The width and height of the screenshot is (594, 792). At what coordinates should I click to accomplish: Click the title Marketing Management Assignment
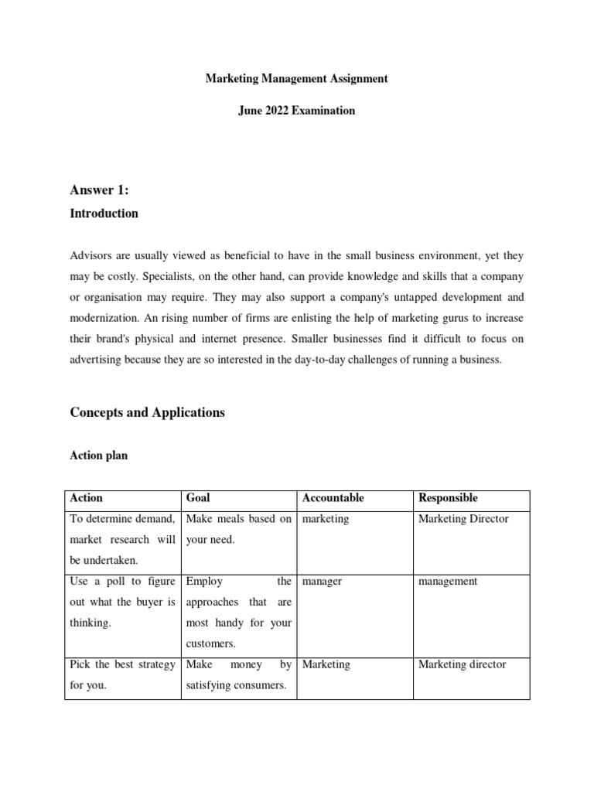(x=296, y=79)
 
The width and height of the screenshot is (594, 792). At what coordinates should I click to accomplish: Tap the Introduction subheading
(x=104, y=213)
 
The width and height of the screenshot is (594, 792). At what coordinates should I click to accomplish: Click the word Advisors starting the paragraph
(x=92, y=255)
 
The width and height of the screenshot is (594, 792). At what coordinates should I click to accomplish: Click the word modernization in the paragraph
(x=105, y=318)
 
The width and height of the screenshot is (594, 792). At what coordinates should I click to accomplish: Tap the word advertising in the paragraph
(x=100, y=360)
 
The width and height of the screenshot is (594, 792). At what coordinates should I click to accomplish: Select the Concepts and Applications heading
(x=148, y=412)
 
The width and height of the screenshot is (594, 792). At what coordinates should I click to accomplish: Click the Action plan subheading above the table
(x=99, y=456)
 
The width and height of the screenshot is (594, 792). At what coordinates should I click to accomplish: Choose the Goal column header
(x=198, y=498)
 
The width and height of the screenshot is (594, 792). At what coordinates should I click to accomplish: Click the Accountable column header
(x=333, y=498)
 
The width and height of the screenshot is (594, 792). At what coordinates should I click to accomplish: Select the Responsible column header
(x=448, y=498)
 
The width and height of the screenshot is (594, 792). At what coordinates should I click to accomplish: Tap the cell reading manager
(x=323, y=582)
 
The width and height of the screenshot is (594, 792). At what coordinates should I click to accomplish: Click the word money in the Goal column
(x=246, y=664)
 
